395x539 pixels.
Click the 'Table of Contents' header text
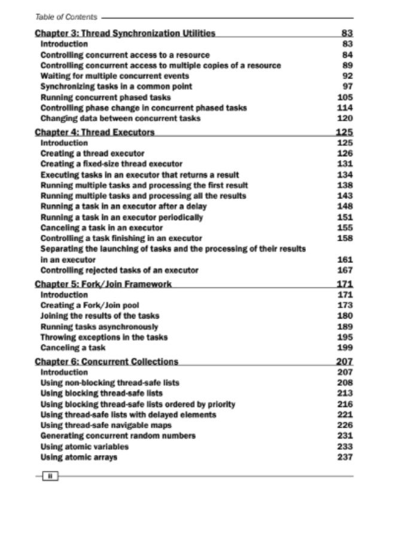66,18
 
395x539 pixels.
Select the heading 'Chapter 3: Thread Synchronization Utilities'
125,34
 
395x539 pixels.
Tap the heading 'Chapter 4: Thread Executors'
95,132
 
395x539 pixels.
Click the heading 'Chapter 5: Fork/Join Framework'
104,284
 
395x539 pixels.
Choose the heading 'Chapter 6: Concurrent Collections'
107,362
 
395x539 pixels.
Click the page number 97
348,87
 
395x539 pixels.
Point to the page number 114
345,108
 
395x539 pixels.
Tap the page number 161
345,260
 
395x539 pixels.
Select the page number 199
345,348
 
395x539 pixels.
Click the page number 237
345,458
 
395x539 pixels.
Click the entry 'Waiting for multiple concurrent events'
114,76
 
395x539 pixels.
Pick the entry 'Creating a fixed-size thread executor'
111,163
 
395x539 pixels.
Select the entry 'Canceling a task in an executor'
101,228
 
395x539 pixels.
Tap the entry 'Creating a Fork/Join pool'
89,305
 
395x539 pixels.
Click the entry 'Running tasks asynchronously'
99,327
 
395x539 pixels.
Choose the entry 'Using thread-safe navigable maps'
105,425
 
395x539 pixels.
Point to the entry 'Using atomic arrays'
78,458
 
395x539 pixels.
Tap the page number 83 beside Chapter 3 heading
347,34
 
